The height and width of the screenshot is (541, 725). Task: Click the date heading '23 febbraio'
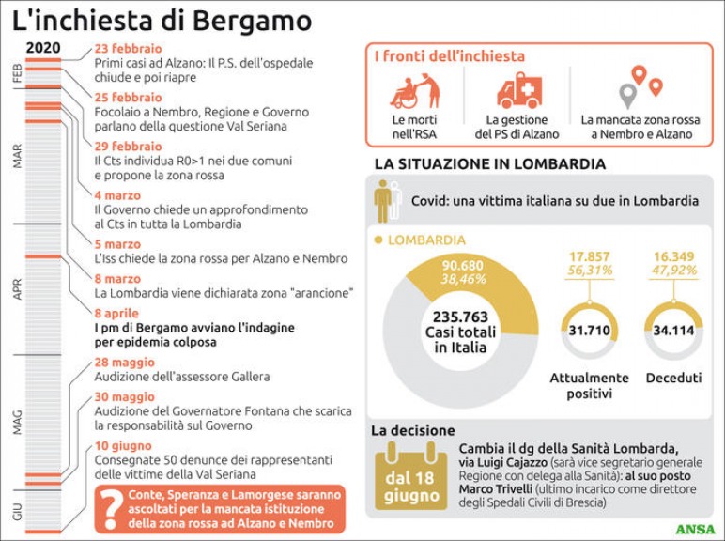click(x=128, y=49)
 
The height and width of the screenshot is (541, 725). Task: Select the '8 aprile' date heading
click(x=116, y=313)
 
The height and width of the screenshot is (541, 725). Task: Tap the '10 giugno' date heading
click(x=123, y=446)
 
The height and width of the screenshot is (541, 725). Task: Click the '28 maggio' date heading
click(x=124, y=362)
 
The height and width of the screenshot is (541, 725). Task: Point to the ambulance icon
click(x=519, y=90)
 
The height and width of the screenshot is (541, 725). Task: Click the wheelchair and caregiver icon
click(x=415, y=91)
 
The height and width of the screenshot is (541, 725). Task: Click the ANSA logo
click(x=695, y=529)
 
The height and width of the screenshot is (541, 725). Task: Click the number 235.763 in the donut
click(x=460, y=317)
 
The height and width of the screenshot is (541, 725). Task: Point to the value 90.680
click(x=462, y=266)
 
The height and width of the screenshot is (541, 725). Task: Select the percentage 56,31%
click(x=590, y=270)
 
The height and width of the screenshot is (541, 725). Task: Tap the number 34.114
click(x=673, y=331)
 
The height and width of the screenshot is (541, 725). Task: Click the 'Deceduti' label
click(x=673, y=378)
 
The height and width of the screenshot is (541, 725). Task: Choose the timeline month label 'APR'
click(x=17, y=289)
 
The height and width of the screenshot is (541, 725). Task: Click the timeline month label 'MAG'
click(x=17, y=422)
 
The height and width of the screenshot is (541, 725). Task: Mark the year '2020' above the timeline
click(x=43, y=48)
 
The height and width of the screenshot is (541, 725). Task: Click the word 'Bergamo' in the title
click(x=252, y=22)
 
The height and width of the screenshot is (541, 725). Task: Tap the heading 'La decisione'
click(x=413, y=430)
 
